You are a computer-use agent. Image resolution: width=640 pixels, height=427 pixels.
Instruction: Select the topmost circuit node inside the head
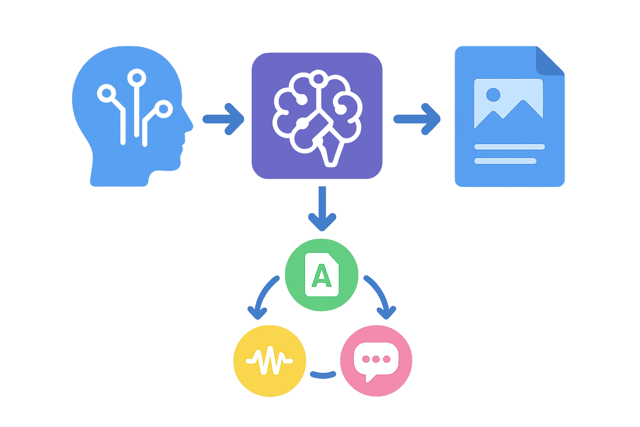click(136, 78)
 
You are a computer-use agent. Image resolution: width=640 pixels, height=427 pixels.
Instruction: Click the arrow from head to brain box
click(223, 119)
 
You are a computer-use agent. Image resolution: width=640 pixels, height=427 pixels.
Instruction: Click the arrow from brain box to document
click(417, 119)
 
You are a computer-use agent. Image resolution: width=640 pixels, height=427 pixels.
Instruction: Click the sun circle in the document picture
click(493, 95)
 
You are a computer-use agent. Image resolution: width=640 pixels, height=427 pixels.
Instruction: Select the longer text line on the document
click(509, 147)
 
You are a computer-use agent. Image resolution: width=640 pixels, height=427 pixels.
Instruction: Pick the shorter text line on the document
click(505, 161)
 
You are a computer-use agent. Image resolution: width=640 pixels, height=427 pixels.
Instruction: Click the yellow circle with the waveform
click(270, 361)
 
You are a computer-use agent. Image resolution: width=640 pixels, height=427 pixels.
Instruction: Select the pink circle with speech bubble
click(376, 361)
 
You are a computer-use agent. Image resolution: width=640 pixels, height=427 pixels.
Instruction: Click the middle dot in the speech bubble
click(376, 359)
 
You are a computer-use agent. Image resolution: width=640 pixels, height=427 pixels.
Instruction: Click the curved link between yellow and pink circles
click(323, 375)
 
